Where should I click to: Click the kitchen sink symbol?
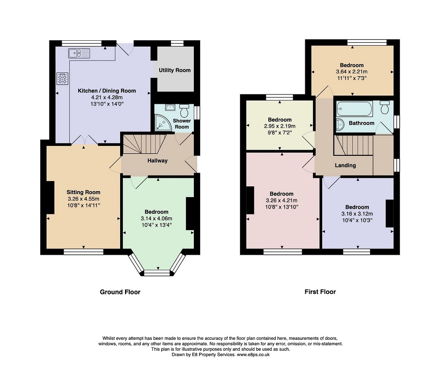[79, 53]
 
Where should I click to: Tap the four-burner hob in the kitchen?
[62, 79]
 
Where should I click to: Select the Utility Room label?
[174, 70]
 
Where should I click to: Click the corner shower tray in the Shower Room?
[163, 123]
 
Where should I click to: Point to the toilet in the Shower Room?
[184, 111]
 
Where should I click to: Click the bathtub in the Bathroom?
[355, 109]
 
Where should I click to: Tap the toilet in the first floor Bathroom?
[385, 107]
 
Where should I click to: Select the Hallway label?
[157, 161]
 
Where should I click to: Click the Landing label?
[345, 165]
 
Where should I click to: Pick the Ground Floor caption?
[120, 292]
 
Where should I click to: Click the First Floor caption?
[320, 292]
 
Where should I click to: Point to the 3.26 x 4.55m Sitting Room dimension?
[83, 199]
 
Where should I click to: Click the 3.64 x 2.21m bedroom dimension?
[351, 72]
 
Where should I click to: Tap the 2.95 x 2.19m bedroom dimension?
[280, 126]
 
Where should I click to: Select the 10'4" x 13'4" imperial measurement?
[157, 225]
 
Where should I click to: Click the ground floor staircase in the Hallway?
[144, 144]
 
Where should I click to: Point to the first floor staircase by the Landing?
[354, 145]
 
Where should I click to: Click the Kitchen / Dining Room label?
[107, 91]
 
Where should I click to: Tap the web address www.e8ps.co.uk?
[253, 355]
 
